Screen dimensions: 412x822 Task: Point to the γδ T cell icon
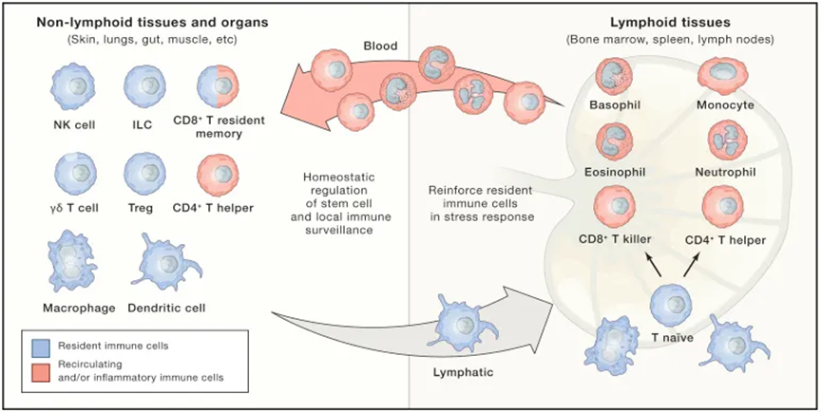pos(72,175)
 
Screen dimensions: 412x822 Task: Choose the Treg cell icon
pos(145,175)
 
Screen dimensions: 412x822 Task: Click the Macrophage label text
pos(80,307)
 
